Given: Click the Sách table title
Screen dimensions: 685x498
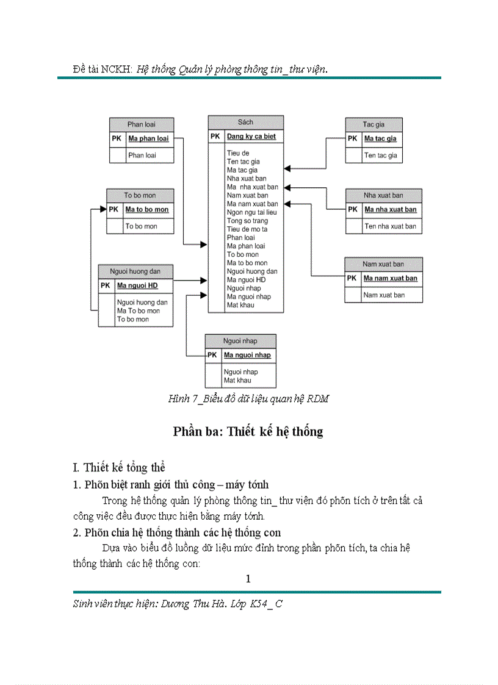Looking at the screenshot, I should point(245,122).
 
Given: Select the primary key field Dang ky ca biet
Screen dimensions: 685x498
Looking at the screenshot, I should point(251,137).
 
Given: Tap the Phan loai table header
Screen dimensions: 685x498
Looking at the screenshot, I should point(141,124).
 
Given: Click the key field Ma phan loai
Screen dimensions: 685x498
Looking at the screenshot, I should point(148,138).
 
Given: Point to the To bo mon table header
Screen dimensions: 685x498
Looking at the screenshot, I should point(140,195).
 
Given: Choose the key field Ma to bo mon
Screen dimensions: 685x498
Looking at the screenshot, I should point(146,209).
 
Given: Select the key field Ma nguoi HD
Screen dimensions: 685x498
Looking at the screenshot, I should point(137,285).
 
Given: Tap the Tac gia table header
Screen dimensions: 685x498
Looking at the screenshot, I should point(374,124).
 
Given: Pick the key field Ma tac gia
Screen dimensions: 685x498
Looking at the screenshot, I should point(380,138).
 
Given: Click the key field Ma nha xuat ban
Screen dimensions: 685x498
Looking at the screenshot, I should point(391,209).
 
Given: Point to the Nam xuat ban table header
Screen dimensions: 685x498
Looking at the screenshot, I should point(383,264).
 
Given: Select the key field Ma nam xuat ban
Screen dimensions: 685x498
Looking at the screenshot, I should point(391,278).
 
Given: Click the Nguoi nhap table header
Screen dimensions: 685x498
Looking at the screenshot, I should point(240,341).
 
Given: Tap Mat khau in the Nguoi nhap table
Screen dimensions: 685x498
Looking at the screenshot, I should point(237,380).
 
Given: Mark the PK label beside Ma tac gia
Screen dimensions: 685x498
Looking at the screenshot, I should point(353,138).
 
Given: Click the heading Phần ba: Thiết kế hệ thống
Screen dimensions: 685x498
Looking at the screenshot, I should point(248,432).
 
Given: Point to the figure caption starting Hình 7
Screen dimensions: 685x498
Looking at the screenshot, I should point(248,399).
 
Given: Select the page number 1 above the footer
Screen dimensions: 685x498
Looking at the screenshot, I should point(248,579).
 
